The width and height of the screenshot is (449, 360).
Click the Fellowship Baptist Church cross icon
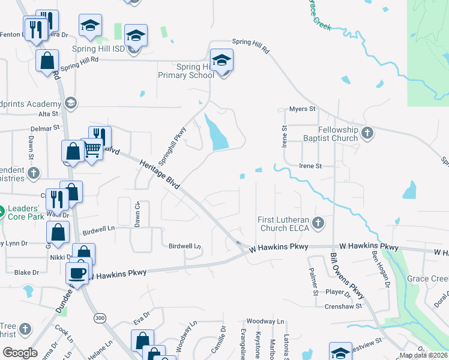(x=368, y=133)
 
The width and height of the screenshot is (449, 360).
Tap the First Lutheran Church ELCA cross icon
(x=318, y=224)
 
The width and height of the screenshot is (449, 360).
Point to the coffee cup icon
(x=77, y=273)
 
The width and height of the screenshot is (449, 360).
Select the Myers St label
(x=302, y=109)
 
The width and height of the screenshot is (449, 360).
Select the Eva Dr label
(x=141, y=317)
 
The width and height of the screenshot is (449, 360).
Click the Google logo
(x=20, y=353)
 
